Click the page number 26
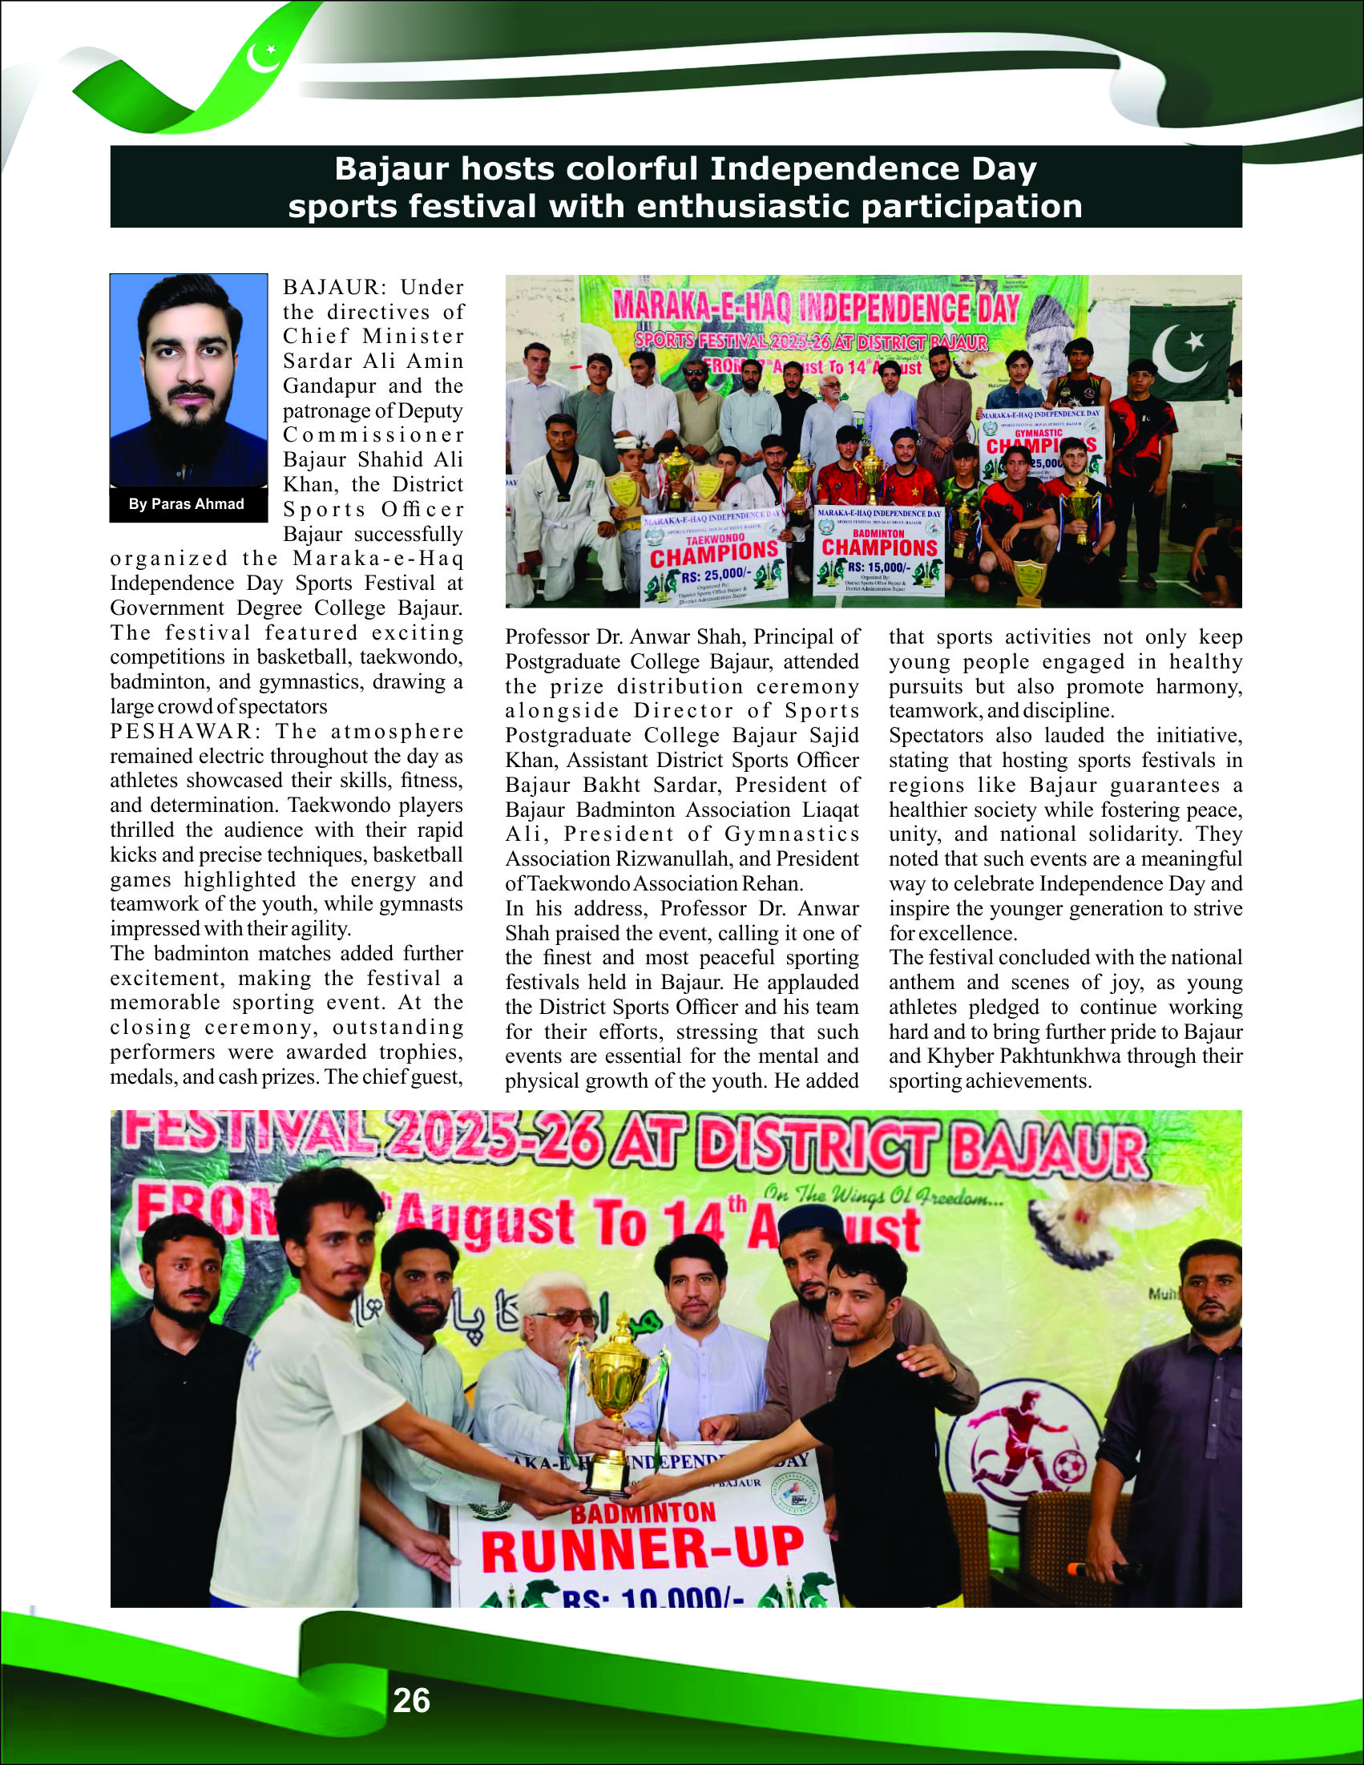(411, 1700)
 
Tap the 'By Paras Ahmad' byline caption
(187, 503)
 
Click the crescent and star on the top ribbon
(264, 57)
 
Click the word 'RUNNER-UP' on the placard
(644, 1549)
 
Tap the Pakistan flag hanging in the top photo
(1182, 353)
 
